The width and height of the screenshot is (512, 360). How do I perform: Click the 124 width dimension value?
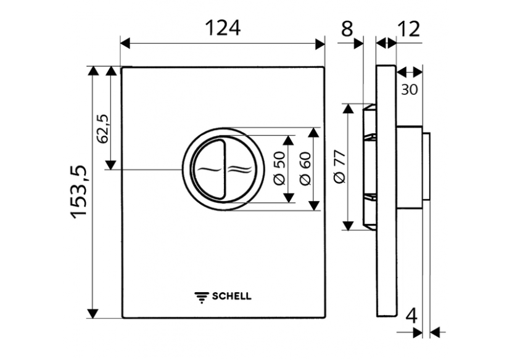[222, 28]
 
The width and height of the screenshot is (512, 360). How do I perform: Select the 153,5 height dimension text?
[80, 192]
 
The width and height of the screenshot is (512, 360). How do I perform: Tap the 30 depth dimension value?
[409, 89]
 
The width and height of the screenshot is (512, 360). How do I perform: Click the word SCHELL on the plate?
[232, 296]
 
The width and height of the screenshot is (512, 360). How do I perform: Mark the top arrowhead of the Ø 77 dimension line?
[349, 108]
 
